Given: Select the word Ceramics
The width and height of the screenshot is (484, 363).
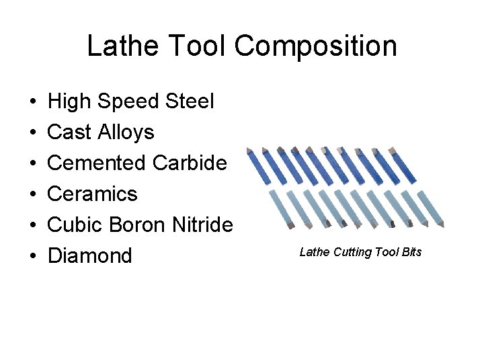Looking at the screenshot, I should click(93, 194).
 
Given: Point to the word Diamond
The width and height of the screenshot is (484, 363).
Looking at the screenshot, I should click(90, 256).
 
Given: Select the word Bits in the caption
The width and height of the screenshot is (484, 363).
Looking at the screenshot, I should click(411, 252).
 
